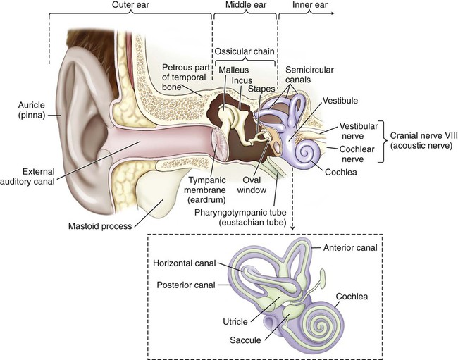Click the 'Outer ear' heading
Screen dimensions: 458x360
(x=130, y=5)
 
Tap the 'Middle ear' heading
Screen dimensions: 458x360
(x=246, y=5)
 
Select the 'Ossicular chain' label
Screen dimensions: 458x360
(x=245, y=51)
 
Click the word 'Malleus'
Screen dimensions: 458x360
(x=234, y=70)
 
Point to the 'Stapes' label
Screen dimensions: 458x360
(x=261, y=89)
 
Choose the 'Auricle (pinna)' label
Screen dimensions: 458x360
(x=32, y=110)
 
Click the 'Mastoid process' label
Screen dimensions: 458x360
(x=100, y=226)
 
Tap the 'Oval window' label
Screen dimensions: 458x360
(x=252, y=185)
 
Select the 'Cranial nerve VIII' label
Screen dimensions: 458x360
(x=421, y=136)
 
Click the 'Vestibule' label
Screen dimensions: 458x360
(x=340, y=101)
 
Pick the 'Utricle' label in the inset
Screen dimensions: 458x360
(x=235, y=322)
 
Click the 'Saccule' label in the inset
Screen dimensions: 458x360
(x=245, y=340)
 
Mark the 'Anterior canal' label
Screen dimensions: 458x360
(x=350, y=247)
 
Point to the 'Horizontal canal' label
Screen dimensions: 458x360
(x=185, y=263)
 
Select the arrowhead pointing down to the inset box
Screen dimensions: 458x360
(x=292, y=228)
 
